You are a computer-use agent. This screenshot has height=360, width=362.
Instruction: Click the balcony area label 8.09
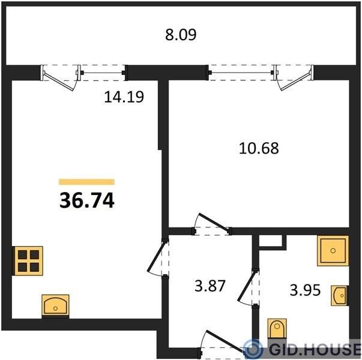click(x=181, y=35)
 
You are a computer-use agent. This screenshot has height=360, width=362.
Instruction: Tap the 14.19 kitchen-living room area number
click(x=124, y=97)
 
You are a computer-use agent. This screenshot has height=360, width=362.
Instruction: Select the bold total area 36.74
click(x=87, y=200)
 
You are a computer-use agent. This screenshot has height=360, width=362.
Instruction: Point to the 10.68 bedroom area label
click(x=259, y=148)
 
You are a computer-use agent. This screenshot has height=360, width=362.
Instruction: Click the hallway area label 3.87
click(x=210, y=286)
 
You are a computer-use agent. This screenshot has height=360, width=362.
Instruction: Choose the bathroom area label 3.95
click(x=305, y=290)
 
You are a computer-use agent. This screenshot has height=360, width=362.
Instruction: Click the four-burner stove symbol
click(x=28, y=261)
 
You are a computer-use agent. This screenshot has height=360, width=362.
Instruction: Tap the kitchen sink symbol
click(x=55, y=305)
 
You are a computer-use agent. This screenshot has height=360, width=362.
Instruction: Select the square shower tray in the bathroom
click(x=333, y=251)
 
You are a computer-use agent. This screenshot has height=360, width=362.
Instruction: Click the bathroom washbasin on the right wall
click(x=340, y=296)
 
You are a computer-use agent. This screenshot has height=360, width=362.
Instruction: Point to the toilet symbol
click(x=277, y=329)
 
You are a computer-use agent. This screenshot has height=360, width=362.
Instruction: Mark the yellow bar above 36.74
click(x=87, y=182)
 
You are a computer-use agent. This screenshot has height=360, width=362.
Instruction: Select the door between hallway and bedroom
click(x=212, y=224)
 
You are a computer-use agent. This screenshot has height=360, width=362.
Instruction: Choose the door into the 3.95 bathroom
click(x=249, y=288)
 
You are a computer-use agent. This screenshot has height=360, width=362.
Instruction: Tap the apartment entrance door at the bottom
click(x=222, y=343)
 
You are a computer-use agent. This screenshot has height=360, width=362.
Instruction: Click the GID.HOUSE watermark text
click(x=315, y=349)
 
